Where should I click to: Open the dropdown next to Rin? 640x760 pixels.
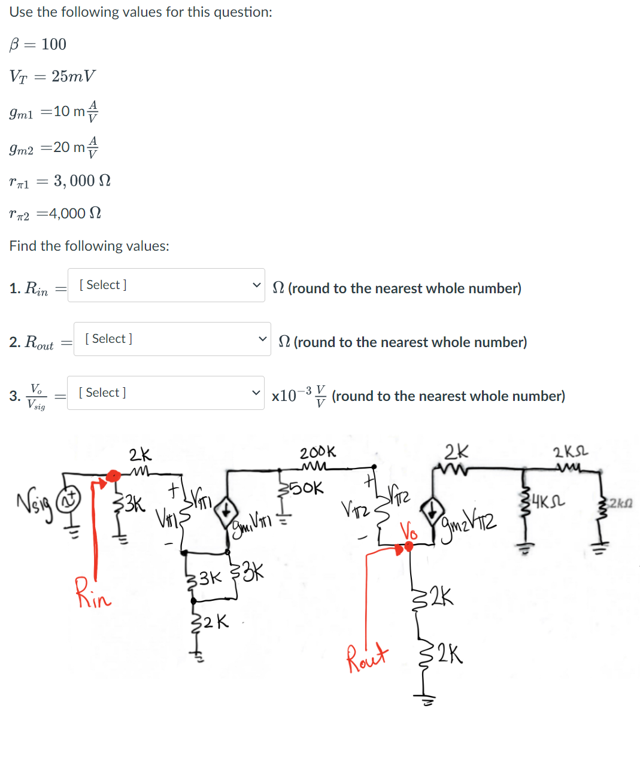[x=166, y=285]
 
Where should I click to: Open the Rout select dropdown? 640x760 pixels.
[x=172, y=339]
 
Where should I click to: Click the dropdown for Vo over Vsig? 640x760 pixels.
[x=165, y=393]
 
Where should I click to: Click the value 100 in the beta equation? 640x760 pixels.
[x=54, y=44]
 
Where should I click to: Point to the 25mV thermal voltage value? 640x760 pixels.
[x=73, y=77]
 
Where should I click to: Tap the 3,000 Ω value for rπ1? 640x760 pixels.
[x=82, y=181]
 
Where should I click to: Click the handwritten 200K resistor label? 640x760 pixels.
[x=318, y=452]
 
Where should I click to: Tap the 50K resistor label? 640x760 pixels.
[x=309, y=488]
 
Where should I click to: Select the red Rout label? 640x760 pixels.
[x=367, y=658]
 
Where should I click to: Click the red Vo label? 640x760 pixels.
[x=409, y=531]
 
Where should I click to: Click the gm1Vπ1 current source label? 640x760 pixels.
[x=251, y=522]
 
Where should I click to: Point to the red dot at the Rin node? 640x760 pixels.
[x=112, y=476]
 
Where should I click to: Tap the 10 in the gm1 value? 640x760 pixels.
[x=62, y=111]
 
